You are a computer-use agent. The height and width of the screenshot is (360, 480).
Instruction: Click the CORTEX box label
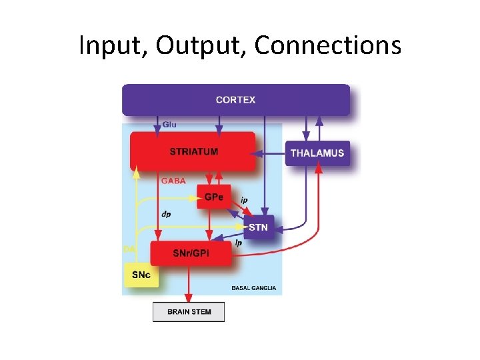click(x=235, y=100)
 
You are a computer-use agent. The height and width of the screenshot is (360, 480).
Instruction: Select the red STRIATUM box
click(x=193, y=151)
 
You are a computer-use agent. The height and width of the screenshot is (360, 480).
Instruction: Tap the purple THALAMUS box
click(x=317, y=153)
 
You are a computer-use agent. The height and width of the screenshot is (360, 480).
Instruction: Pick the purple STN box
click(x=258, y=227)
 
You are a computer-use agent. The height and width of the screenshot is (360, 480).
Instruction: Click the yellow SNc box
click(x=141, y=275)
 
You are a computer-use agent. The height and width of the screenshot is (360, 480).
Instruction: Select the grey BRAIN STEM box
click(x=189, y=311)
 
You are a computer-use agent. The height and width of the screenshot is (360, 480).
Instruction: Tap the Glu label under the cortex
click(x=169, y=124)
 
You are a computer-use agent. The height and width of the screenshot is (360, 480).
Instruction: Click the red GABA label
click(x=173, y=181)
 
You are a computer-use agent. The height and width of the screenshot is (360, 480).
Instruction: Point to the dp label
click(x=167, y=214)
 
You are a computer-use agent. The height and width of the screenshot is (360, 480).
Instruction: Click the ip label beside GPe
click(x=244, y=199)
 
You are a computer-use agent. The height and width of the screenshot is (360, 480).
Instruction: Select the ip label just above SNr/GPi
click(x=238, y=244)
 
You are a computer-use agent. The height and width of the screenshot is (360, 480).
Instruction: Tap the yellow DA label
click(x=129, y=249)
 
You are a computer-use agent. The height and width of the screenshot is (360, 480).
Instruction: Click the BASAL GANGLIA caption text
click(x=253, y=289)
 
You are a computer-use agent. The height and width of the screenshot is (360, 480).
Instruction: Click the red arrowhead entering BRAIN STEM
click(x=189, y=298)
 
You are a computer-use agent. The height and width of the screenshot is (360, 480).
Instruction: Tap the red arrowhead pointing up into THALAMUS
click(x=319, y=169)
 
